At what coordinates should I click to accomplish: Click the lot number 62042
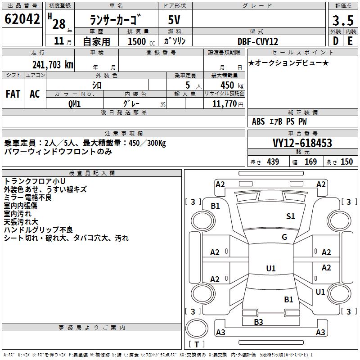22,19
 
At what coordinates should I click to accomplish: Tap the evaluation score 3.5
342,20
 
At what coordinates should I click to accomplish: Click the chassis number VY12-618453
302,143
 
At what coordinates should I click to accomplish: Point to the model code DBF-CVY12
258,41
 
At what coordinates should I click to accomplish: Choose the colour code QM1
74,103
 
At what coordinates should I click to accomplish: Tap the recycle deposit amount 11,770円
227,103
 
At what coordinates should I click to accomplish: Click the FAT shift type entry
13,94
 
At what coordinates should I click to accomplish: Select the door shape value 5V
175,20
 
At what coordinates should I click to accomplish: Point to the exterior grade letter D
335,41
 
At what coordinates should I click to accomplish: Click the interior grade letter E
350,41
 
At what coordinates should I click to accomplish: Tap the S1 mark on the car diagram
291,216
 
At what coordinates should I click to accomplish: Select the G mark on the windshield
284,237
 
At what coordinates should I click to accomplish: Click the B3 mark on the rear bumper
258,322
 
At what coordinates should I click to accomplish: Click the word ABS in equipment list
258,121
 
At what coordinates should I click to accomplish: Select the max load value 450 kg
229,85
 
